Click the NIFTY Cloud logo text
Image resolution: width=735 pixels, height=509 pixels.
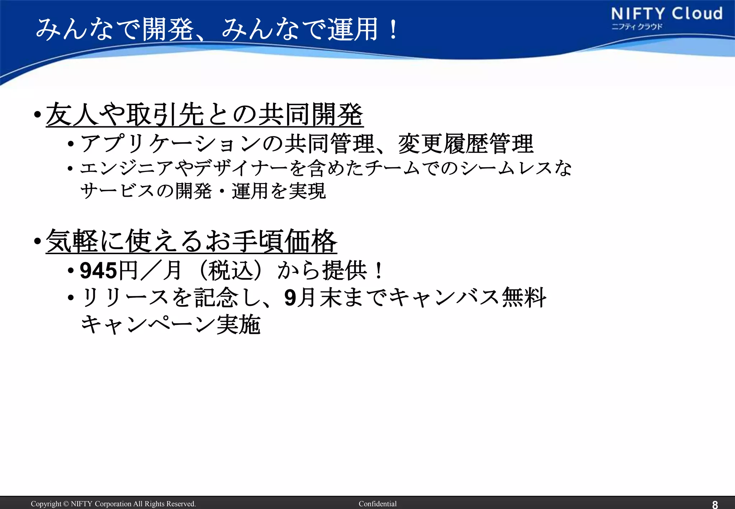[666, 14]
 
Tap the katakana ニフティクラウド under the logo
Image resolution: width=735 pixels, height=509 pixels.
[637, 27]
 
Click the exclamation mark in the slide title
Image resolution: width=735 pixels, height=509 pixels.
[393, 29]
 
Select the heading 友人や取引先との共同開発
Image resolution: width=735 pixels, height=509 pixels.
[205, 115]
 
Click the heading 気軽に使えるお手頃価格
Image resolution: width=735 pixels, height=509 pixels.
[191, 241]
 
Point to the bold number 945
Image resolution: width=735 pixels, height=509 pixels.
[98, 271]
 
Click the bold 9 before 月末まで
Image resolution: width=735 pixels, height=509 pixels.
[290, 298]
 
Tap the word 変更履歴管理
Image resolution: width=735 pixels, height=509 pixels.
[466, 144]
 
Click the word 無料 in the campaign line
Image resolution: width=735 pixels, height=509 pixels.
[524, 298]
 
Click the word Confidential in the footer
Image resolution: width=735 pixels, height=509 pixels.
[378, 504]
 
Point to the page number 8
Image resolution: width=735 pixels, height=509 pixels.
[715, 504]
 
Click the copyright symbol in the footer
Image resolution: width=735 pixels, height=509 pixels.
[66, 504]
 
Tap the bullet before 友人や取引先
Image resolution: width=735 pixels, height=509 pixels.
[37, 115]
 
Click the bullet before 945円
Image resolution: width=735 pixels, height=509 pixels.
[71, 271]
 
